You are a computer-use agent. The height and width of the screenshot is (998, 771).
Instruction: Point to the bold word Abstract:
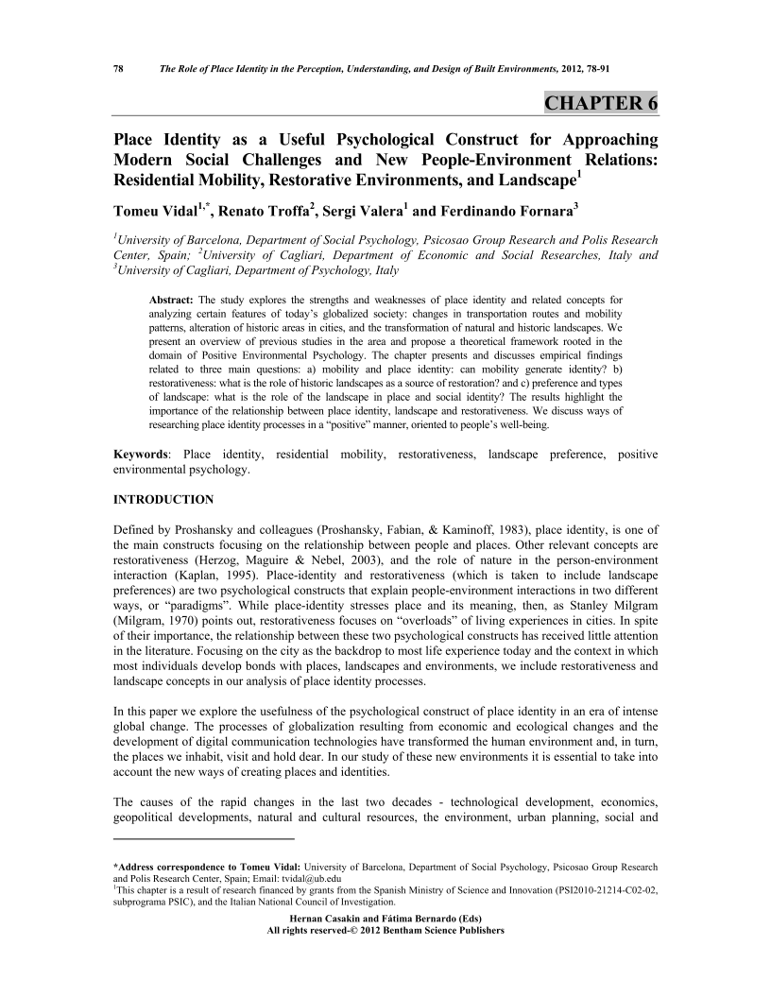tap(172, 300)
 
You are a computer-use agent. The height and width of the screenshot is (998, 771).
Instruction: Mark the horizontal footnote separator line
tap(204, 838)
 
